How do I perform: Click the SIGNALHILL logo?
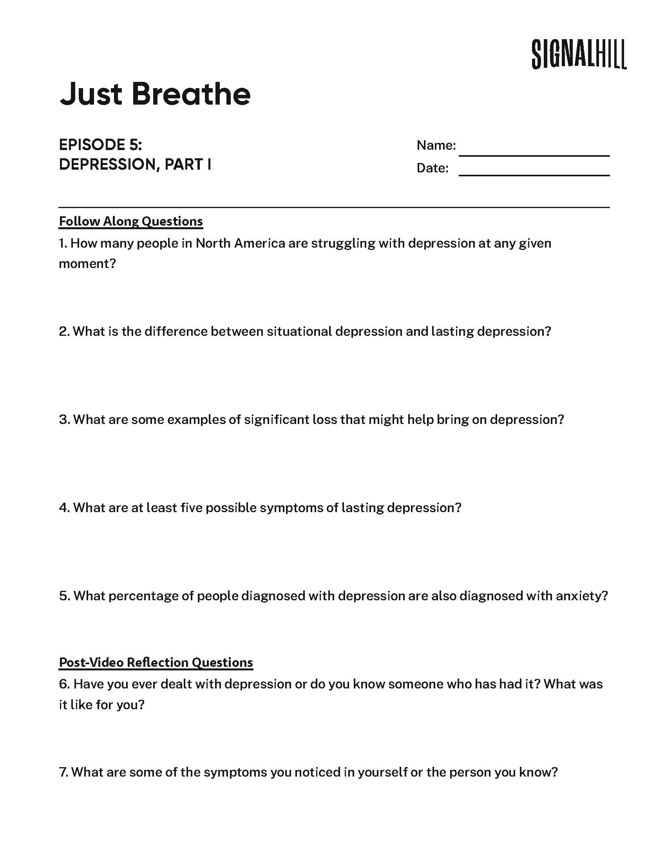pyautogui.click(x=579, y=54)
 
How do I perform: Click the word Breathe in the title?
pyautogui.click(x=190, y=94)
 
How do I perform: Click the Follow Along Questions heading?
pyautogui.click(x=130, y=221)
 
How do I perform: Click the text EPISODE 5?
pyautogui.click(x=100, y=145)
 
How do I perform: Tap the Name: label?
pyautogui.click(x=436, y=145)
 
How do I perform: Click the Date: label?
pyautogui.click(x=433, y=168)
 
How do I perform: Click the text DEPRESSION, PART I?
pyautogui.click(x=135, y=165)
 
